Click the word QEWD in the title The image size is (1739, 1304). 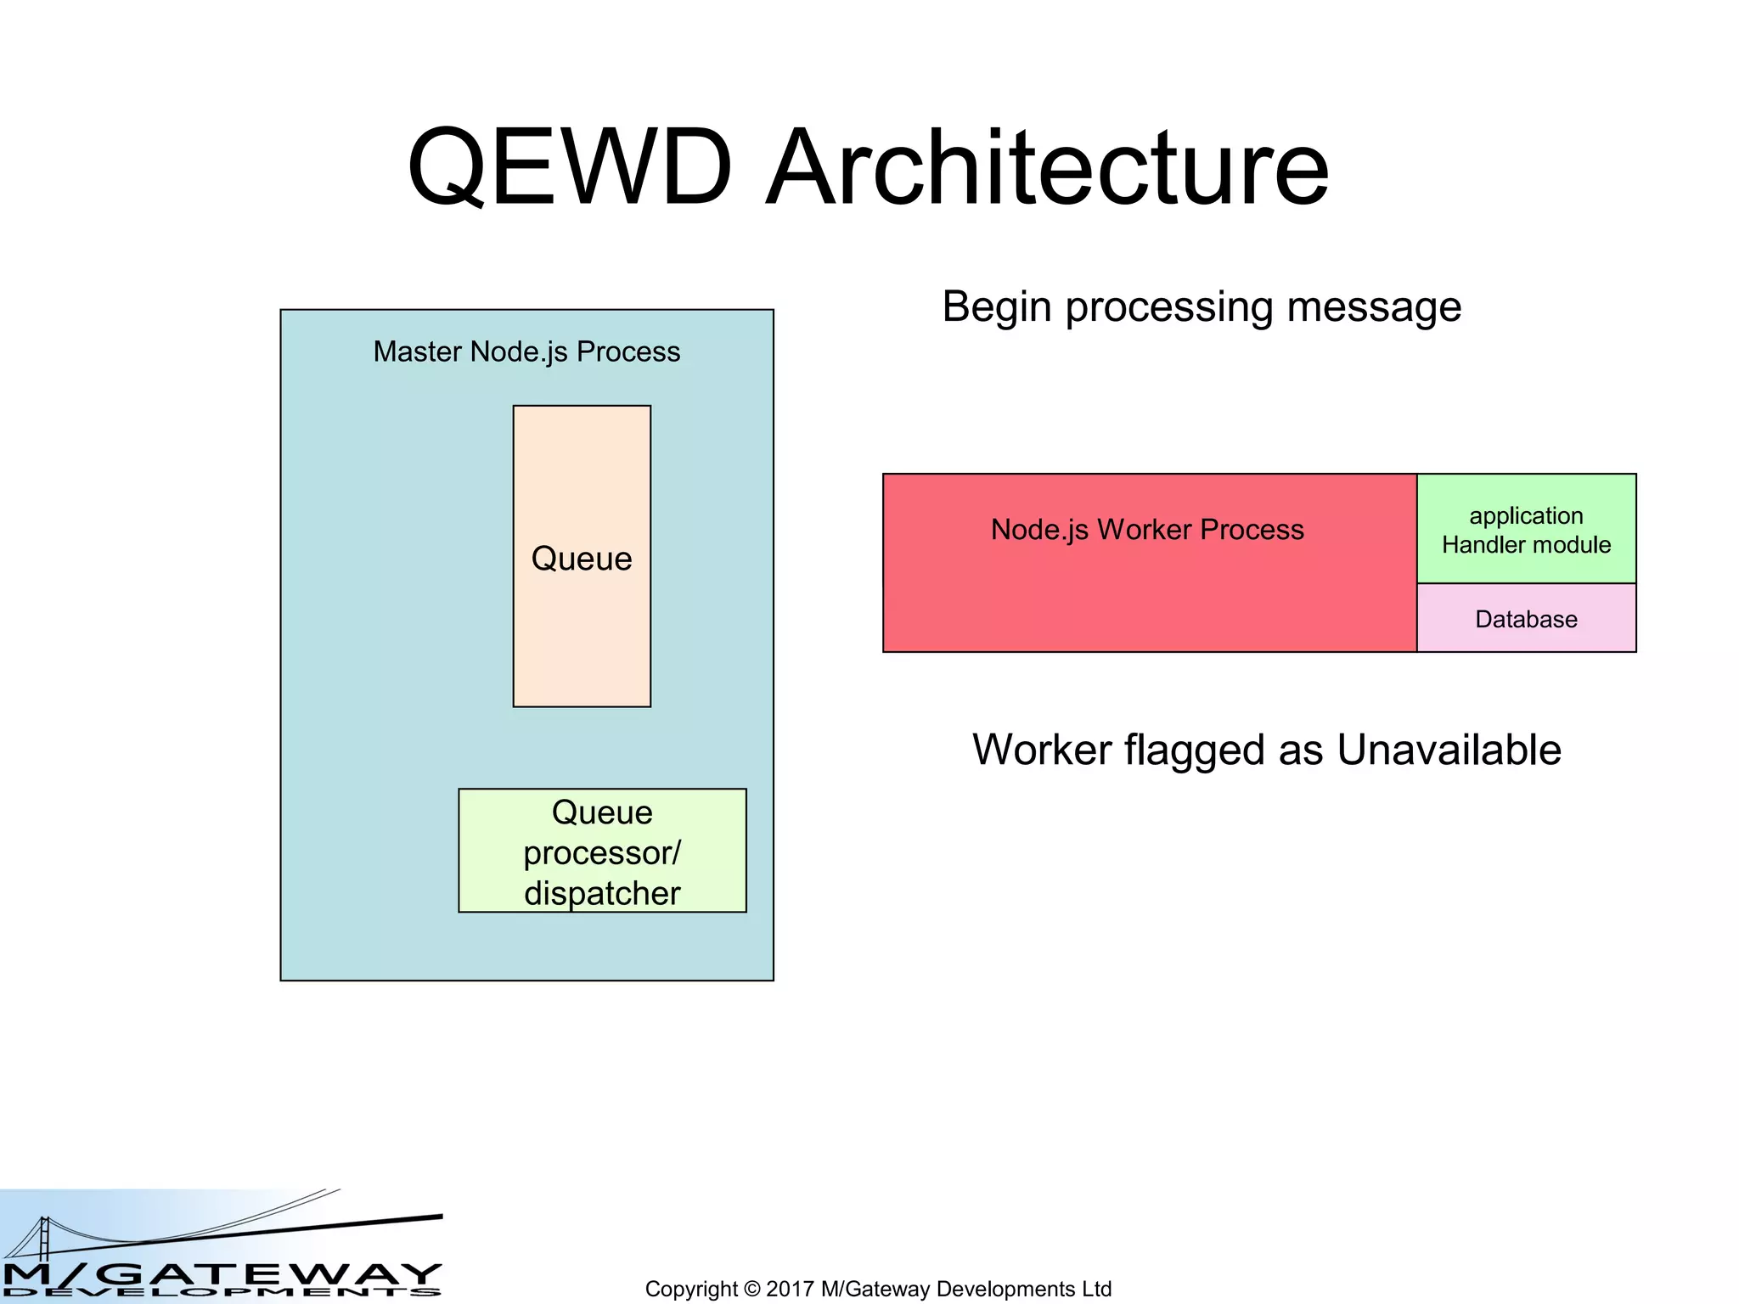click(x=569, y=167)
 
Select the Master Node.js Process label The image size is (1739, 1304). click(x=526, y=351)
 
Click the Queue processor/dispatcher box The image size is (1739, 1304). click(x=602, y=851)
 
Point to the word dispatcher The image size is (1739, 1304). click(x=602, y=893)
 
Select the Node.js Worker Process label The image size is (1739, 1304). click(x=1146, y=530)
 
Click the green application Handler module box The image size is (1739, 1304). click(x=1526, y=529)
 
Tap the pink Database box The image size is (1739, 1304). click(x=1526, y=619)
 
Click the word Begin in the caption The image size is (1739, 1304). click(x=997, y=307)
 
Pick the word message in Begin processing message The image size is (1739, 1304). click(x=1373, y=307)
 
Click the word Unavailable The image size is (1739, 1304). click(x=1449, y=750)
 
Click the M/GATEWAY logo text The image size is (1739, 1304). click(x=221, y=1273)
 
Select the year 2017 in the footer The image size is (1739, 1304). click(x=790, y=1290)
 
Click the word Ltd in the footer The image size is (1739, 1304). click(x=1096, y=1290)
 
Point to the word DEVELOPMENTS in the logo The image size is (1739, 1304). click(x=221, y=1293)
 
